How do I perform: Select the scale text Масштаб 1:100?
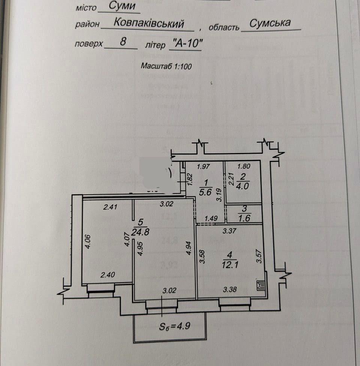pos(166,66)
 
